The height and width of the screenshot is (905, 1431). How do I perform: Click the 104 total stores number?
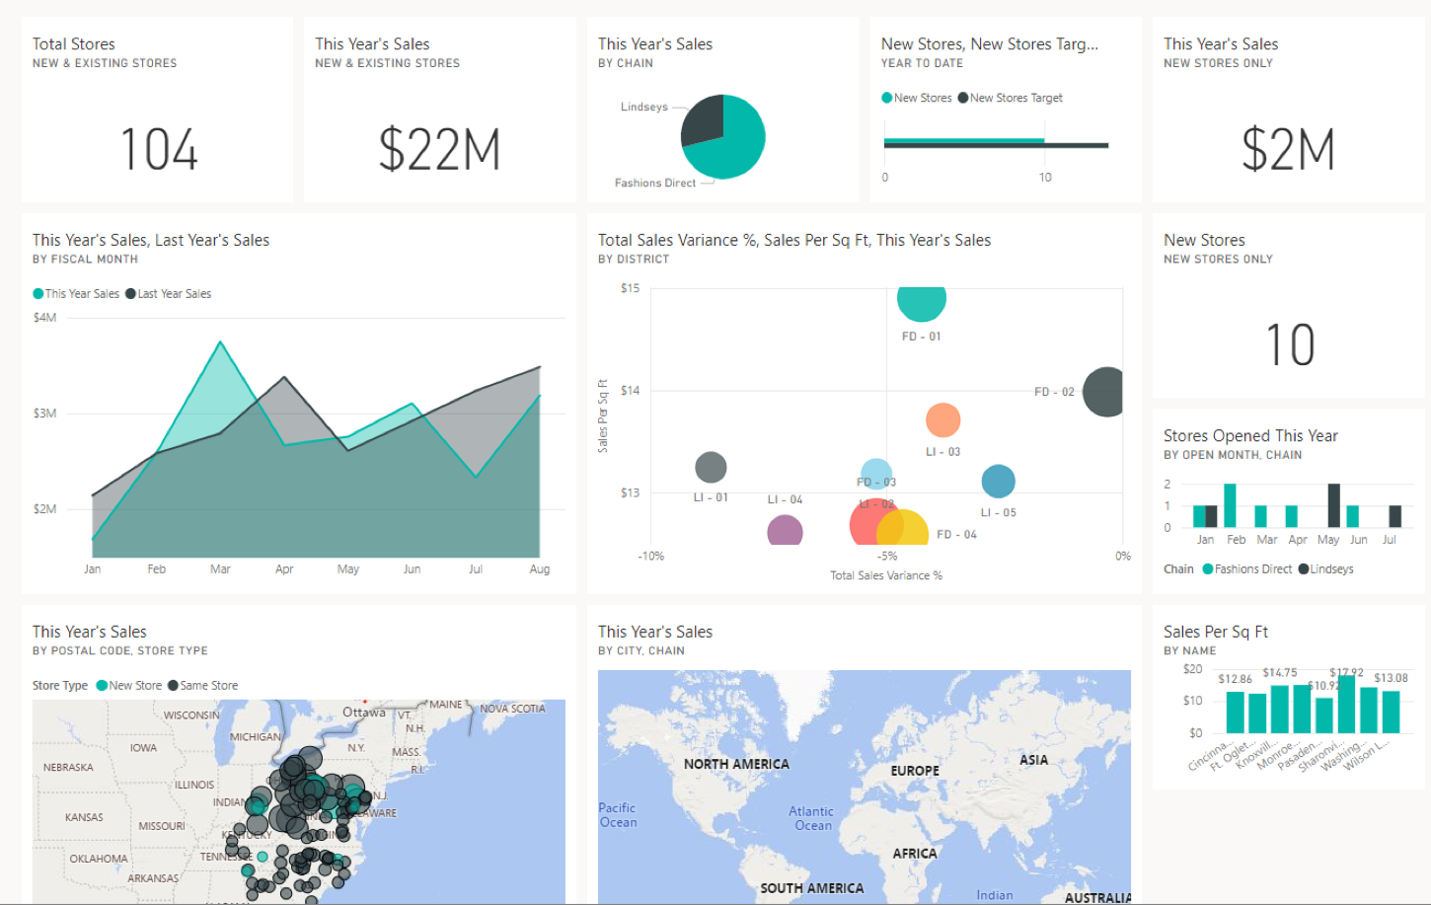pyautogui.click(x=159, y=149)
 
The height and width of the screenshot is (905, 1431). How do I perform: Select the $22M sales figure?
pyautogui.click(x=439, y=149)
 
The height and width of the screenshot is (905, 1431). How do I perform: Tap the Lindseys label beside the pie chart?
pyautogui.click(x=643, y=107)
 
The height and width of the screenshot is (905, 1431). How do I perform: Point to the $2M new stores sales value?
pyautogui.click(x=1288, y=149)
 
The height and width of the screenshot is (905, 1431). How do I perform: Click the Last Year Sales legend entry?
pyautogui.click(x=174, y=294)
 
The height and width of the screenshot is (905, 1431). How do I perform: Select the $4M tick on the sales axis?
pyautogui.click(x=44, y=318)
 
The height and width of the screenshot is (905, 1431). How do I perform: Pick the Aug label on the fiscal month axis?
pyautogui.click(x=539, y=569)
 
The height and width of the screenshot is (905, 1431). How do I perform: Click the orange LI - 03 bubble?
pyautogui.click(x=942, y=420)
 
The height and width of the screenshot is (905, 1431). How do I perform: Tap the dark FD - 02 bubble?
pyautogui.click(x=1104, y=392)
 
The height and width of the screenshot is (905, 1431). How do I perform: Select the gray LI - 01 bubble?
pyautogui.click(x=711, y=467)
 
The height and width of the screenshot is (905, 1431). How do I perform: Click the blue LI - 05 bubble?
pyautogui.click(x=998, y=482)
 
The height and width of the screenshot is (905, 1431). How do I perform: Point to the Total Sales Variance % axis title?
pyautogui.click(x=885, y=575)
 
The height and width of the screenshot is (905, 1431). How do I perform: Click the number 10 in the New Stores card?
pyautogui.click(x=1290, y=344)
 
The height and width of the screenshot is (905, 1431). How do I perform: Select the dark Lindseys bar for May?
pyautogui.click(x=1333, y=505)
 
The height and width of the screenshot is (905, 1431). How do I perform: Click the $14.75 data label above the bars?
pyautogui.click(x=1279, y=673)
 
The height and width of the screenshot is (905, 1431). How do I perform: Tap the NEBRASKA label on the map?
pyautogui.click(x=68, y=767)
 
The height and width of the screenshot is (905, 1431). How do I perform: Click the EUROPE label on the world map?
pyautogui.click(x=915, y=771)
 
